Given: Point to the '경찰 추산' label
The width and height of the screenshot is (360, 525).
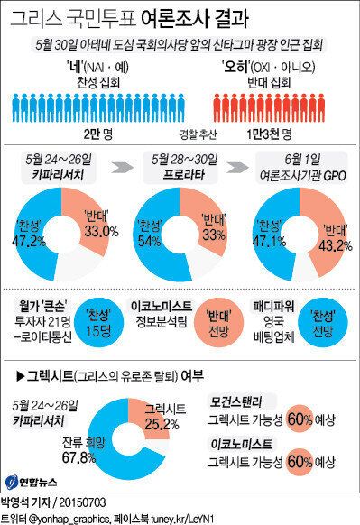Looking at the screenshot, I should [x=180, y=134].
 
